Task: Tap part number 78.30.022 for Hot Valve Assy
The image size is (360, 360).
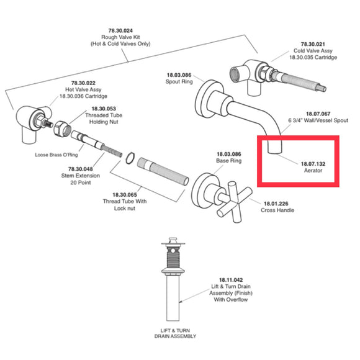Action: [x=83, y=83]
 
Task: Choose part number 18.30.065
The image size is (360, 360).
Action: [x=126, y=194]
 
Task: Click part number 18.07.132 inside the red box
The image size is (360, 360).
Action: [x=313, y=163]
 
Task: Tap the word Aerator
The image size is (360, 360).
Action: [x=312, y=171]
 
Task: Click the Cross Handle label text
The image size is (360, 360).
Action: [x=277, y=211]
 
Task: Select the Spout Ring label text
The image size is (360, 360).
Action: [x=178, y=82]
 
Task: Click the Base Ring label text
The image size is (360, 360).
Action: [x=228, y=161]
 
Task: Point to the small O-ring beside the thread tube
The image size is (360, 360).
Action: [x=128, y=158]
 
